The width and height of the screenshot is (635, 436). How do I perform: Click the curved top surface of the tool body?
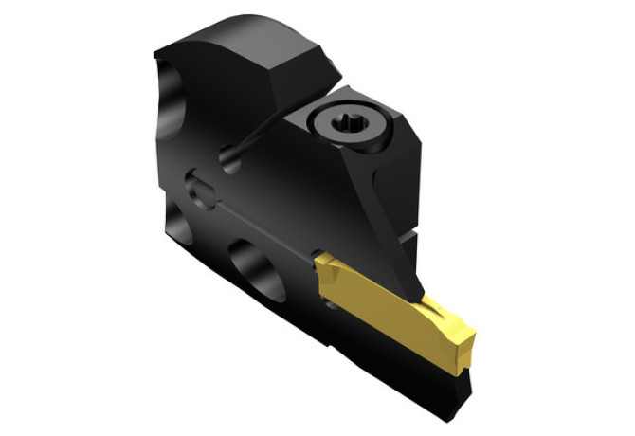[x=227, y=43]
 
